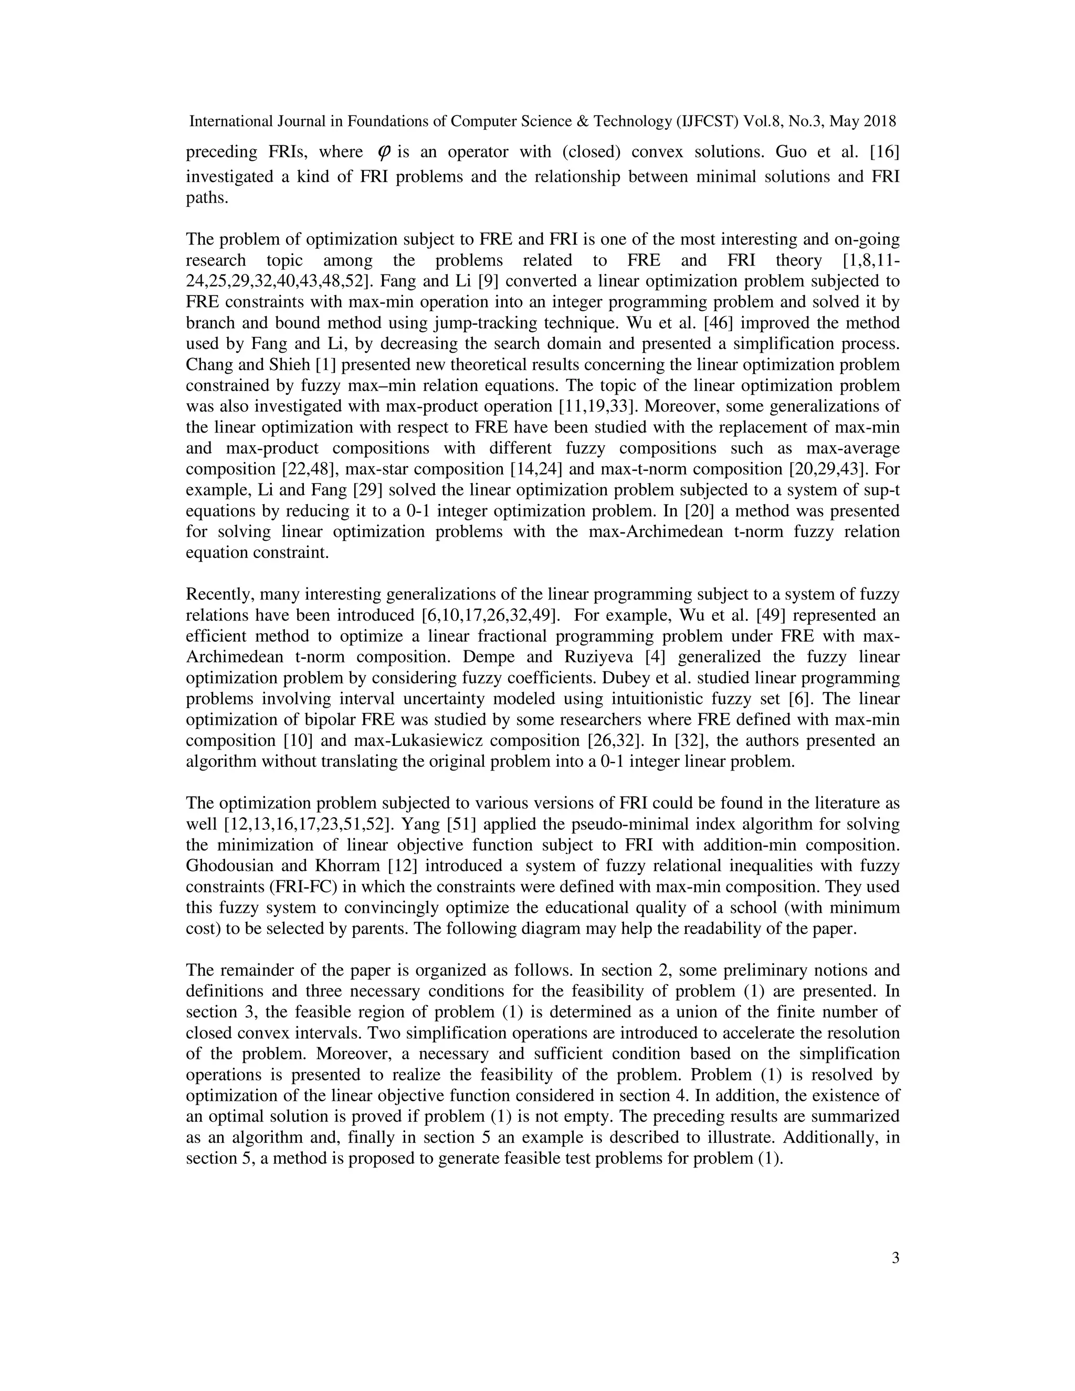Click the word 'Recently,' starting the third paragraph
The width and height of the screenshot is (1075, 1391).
coord(217,594)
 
